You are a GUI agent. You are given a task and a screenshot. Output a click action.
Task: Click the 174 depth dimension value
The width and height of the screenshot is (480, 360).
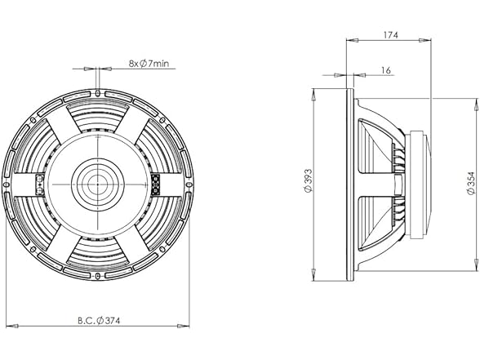391,35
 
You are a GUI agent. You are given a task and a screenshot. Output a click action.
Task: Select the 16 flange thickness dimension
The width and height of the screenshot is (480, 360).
386,70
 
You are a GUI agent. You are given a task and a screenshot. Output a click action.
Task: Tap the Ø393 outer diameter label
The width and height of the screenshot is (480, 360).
309,180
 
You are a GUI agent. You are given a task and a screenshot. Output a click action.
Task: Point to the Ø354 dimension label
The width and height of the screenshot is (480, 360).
471,183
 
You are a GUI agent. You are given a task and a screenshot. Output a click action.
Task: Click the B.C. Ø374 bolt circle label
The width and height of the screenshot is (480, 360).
99,321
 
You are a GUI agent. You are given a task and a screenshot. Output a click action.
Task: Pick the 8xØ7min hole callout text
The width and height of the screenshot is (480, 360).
149,64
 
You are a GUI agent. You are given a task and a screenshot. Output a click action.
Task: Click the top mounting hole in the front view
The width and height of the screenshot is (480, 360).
98,92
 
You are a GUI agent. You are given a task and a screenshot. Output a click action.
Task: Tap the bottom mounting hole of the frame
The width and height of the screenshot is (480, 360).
97,276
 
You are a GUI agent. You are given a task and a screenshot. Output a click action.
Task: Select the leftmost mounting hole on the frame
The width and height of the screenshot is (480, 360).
6,184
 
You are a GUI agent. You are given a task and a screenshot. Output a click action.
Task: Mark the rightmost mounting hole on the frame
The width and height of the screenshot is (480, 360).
189,184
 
